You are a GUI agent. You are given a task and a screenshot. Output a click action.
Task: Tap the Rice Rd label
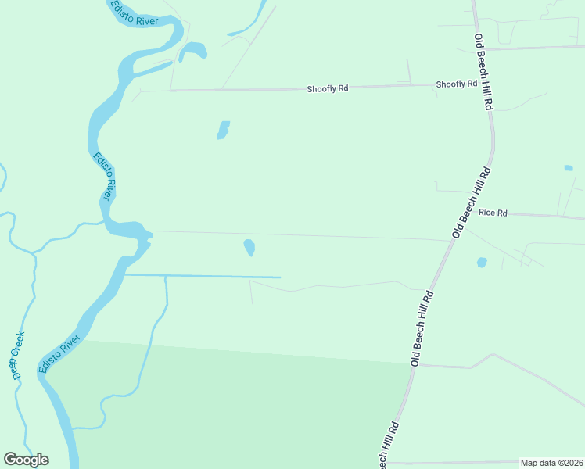(493, 212)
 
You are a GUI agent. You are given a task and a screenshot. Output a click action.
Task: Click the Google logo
(26, 460)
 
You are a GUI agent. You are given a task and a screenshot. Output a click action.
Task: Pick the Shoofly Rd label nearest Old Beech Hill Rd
(456, 84)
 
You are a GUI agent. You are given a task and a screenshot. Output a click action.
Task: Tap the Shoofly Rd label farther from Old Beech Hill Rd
(327, 89)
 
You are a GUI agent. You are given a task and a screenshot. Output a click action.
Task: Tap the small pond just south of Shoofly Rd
(223, 130)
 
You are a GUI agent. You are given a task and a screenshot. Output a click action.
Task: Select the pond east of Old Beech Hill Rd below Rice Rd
(482, 263)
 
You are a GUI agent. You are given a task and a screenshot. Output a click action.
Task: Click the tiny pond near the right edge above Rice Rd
(568, 168)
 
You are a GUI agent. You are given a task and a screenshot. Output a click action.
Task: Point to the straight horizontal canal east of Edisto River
(203, 276)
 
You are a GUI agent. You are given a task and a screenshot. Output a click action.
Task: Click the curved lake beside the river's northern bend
(193, 52)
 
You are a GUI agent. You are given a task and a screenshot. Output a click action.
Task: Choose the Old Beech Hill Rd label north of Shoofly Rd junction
(483, 71)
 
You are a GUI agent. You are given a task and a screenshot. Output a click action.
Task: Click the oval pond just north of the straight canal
(249, 248)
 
